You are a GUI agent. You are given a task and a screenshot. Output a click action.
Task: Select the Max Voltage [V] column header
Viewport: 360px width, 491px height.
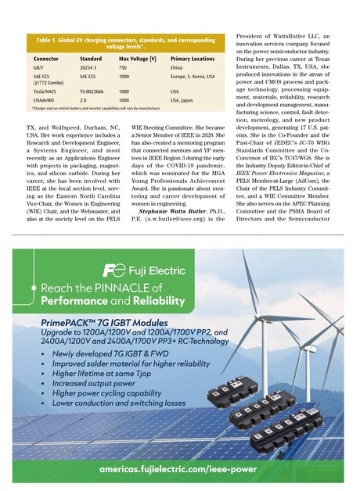click(138, 59)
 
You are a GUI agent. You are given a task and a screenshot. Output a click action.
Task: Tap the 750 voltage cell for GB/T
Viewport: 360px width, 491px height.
click(123, 68)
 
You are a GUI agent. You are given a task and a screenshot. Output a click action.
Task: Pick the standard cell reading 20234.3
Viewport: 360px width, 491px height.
click(90, 68)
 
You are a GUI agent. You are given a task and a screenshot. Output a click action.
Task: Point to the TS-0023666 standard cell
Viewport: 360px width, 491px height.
click(95, 91)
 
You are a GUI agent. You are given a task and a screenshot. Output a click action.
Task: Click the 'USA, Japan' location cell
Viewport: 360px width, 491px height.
click(185, 100)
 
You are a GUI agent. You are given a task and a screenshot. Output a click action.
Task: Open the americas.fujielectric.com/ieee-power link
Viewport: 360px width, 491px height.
click(179, 469)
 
